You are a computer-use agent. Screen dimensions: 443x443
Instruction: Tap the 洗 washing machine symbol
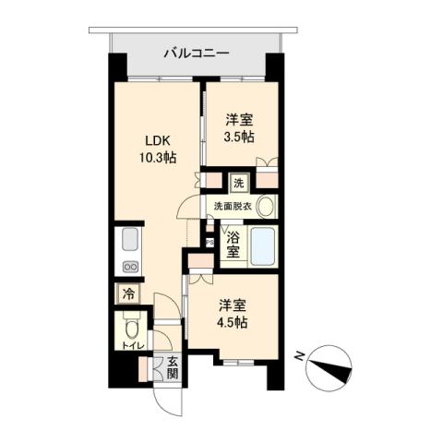239,183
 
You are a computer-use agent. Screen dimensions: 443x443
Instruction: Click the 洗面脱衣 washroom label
232,206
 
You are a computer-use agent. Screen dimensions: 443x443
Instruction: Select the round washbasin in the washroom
266,207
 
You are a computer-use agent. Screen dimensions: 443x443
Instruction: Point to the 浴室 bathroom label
233,244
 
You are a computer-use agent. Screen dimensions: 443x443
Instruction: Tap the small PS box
210,242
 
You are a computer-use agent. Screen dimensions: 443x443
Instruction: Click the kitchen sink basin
128,243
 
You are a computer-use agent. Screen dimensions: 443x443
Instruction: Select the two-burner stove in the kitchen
128,267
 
